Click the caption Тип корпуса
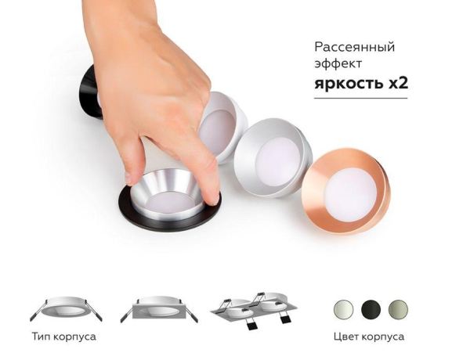tap(64, 337)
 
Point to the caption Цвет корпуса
tap(368, 337)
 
